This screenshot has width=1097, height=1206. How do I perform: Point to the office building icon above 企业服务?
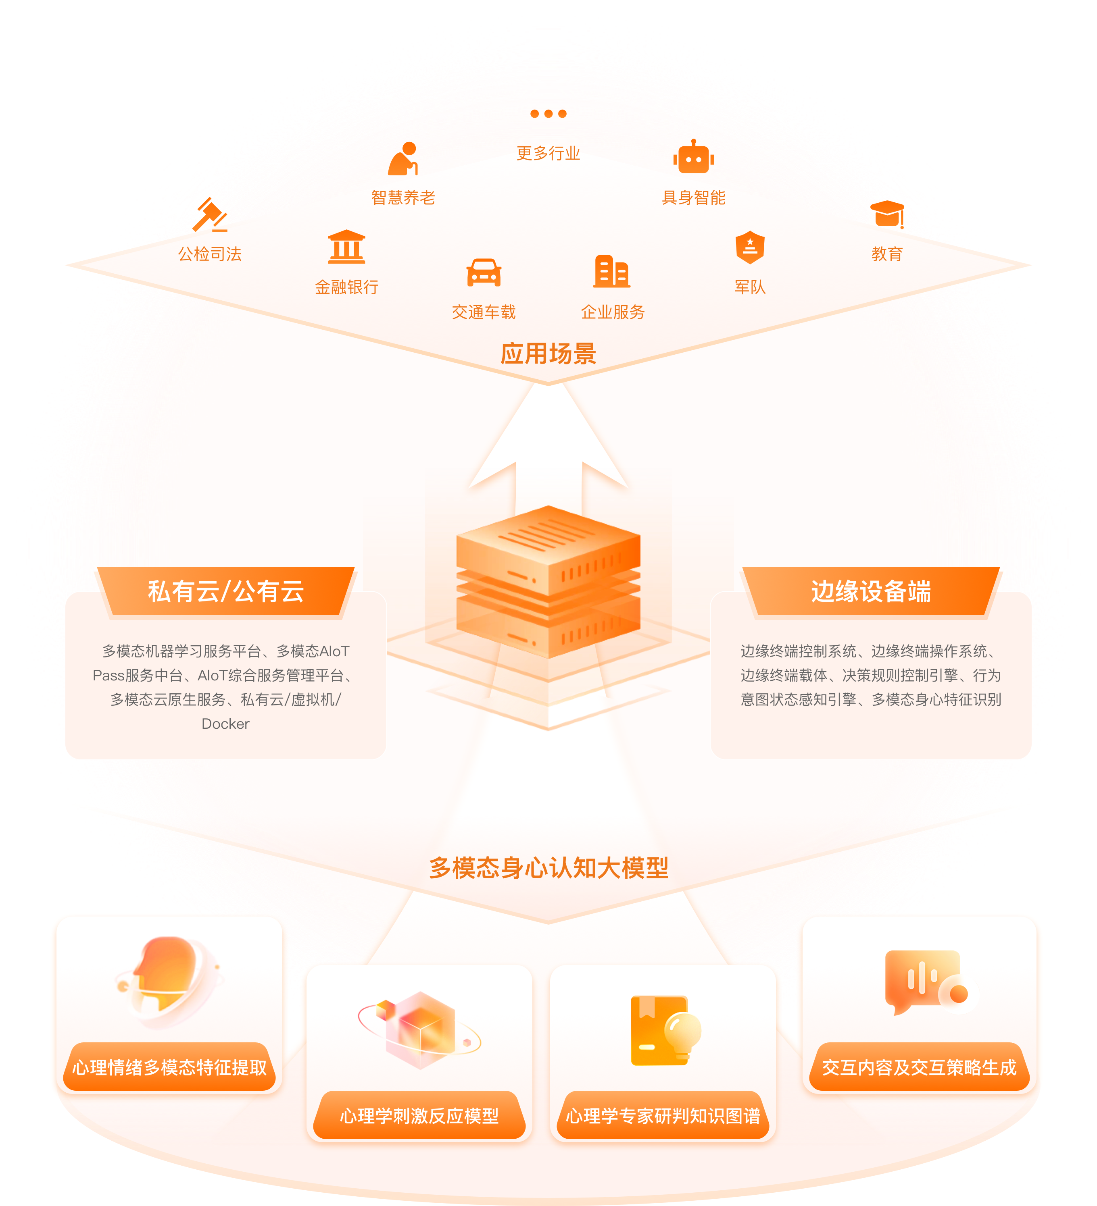point(612,271)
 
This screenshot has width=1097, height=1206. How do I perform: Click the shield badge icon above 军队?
point(750,246)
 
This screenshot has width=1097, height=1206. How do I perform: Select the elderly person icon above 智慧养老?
point(403,159)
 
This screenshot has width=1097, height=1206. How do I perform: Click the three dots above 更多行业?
point(548,114)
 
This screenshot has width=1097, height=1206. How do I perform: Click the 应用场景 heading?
point(548,353)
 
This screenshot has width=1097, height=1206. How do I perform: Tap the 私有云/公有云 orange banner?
point(225,591)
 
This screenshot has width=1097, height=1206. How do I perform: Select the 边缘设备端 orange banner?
point(871,591)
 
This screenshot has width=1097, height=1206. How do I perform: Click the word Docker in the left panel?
point(225,724)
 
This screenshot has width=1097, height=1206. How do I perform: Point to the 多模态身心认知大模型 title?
point(548,867)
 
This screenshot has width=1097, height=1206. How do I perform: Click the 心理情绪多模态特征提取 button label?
point(169,1067)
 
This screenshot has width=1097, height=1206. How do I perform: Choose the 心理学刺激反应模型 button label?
point(419,1116)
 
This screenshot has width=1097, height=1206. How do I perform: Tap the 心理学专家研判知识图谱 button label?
point(663,1116)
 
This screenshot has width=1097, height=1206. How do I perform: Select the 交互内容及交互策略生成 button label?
point(919,1067)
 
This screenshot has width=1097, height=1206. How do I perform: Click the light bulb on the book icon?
point(682,1032)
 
